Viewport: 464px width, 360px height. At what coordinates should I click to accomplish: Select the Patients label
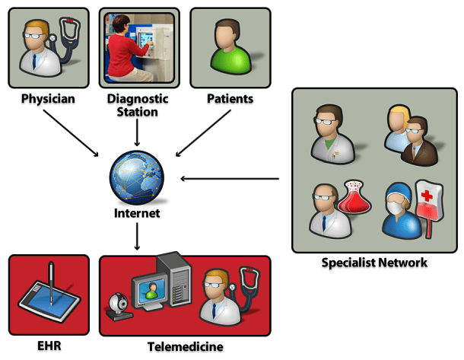[230, 99]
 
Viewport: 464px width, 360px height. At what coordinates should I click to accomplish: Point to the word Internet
[137, 214]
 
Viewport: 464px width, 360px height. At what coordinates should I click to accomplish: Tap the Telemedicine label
[186, 346]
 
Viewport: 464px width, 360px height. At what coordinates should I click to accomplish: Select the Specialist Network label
[374, 263]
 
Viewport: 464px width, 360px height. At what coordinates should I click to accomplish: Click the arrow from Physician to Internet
[72, 134]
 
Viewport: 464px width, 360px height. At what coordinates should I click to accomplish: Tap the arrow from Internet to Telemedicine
[138, 237]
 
